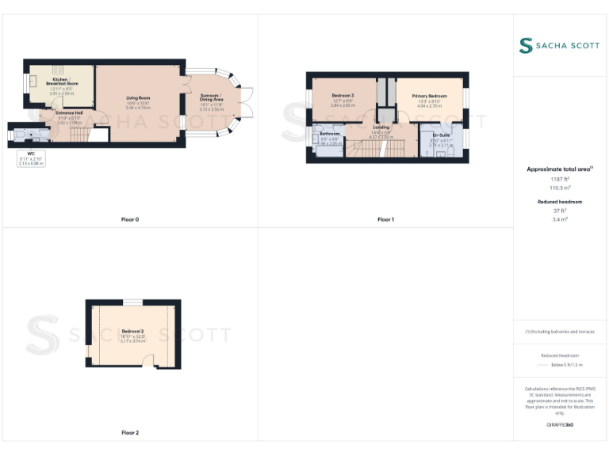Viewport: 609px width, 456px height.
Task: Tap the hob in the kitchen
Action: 58,70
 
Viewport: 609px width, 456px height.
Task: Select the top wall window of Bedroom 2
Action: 132,302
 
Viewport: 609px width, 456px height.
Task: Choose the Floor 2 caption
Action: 129,433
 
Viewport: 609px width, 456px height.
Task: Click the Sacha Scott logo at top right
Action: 560,46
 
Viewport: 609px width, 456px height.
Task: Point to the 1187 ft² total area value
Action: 560,180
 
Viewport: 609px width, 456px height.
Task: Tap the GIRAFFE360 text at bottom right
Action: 560,425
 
